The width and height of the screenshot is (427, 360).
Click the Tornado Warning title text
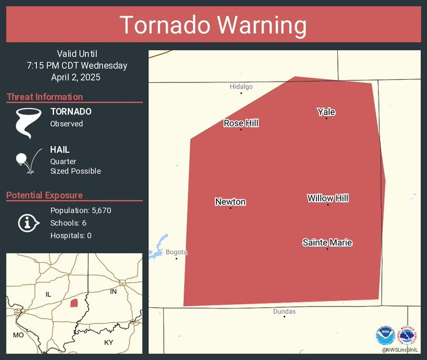pyautogui.click(x=213, y=25)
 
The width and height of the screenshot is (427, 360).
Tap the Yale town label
pyautogui.click(x=326, y=112)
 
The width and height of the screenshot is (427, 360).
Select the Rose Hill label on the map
pyautogui.click(x=241, y=123)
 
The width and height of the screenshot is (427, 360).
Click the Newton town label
pyautogui.click(x=230, y=202)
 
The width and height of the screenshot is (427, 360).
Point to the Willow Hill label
pyautogui.click(x=328, y=198)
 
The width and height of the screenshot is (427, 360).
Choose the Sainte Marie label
pyautogui.click(x=327, y=243)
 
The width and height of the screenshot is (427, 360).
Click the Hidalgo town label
pyautogui.click(x=241, y=87)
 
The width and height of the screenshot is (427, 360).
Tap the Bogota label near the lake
pyautogui.click(x=176, y=252)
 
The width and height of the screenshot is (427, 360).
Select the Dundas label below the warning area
pyautogui.click(x=284, y=311)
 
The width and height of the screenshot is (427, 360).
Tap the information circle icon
pyautogui.click(x=28, y=222)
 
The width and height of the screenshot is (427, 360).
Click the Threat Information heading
pyautogui.click(x=45, y=97)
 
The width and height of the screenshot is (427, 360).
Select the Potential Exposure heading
pyautogui.click(x=45, y=195)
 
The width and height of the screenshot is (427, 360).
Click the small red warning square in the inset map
pyautogui.click(x=74, y=303)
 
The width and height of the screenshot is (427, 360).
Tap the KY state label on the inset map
pyautogui.click(x=109, y=342)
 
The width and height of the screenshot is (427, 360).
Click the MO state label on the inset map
pyautogui.click(x=18, y=335)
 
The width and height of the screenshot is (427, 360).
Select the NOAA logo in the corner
pyautogui.click(x=384, y=335)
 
